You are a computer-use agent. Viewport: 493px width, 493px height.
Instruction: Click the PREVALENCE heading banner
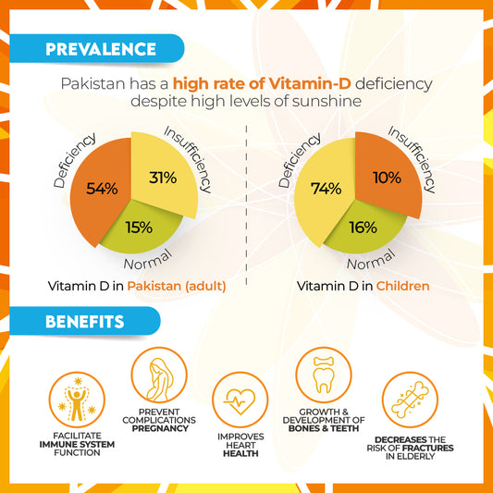coord(97,48)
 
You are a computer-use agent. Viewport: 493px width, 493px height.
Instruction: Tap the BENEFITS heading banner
coord(85,321)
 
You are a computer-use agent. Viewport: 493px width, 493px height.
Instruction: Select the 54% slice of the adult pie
coord(100,191)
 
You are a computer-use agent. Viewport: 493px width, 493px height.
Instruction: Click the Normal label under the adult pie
coord(148,260)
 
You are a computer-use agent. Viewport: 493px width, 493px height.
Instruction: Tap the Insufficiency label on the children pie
coord(412,159)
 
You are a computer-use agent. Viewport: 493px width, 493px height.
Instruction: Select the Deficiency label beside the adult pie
coord(74,160)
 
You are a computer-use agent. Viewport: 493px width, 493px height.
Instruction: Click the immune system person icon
coord(77,400)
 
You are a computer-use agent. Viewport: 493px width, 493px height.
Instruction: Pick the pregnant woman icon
coord(159,375)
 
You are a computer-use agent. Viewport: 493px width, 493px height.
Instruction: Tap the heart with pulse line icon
coord(240,400)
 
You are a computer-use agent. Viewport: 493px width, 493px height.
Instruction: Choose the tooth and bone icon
coord(324,375)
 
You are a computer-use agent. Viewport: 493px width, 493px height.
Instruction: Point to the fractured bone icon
coord(410,400)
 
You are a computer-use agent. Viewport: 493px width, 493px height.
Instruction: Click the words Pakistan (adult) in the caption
coord(177,286)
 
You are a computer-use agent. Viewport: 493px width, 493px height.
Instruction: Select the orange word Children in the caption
coord(402,286)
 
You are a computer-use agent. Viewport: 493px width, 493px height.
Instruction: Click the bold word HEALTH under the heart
coord(240,454)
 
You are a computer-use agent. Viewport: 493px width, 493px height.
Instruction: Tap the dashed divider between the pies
coord(246,205)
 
